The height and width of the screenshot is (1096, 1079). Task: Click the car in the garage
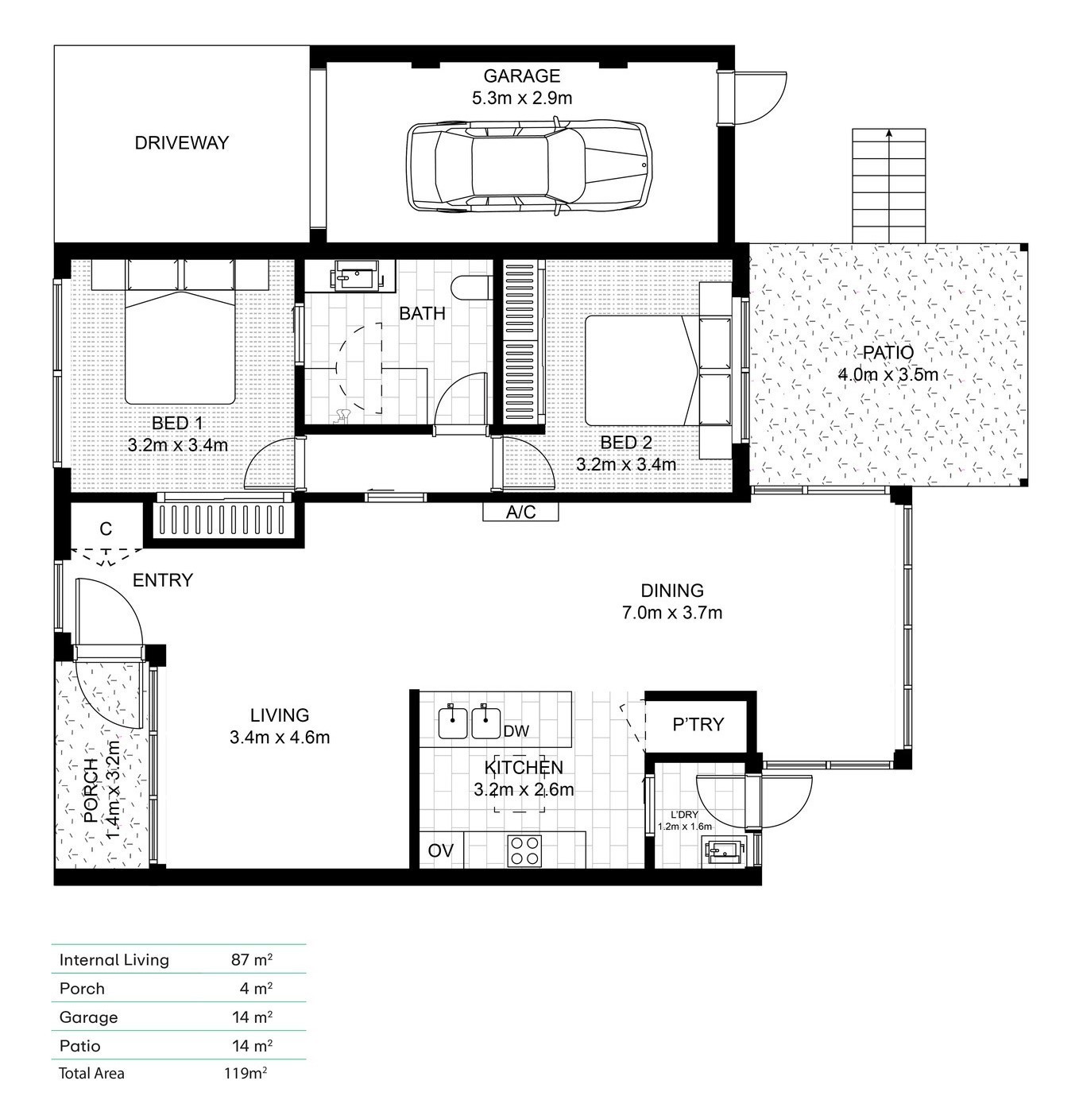(x=528, y=165)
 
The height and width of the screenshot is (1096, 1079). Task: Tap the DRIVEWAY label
(x=181, y=143)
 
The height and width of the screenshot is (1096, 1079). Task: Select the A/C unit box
(x=520, y=512)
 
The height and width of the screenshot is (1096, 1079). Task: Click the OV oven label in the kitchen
(x=441, y=850)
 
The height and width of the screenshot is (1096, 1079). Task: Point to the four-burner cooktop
(x=524, y=850)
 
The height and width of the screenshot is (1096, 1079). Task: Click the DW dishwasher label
(x=516, y=731)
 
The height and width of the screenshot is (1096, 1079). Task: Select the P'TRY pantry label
(x=698, y=725)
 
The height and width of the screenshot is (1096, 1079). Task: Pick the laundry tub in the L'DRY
(x=724, y=851)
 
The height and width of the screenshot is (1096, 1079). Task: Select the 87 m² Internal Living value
(x=251, y=959)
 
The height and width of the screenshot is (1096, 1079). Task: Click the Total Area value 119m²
(x=246, y=1073)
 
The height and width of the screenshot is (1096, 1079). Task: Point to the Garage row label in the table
(x=88, y=1017)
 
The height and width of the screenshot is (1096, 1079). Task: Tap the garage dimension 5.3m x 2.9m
(x=521, y=98)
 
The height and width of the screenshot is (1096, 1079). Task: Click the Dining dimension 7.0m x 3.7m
(x=671, y=613)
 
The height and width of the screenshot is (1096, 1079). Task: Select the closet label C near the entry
(x=106, y=529)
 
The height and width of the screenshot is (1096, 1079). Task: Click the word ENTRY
(x=163, y=580)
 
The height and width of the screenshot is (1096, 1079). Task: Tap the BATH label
(x=422, y=313)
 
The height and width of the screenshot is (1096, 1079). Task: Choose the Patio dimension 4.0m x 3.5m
(x=888, y=375)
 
